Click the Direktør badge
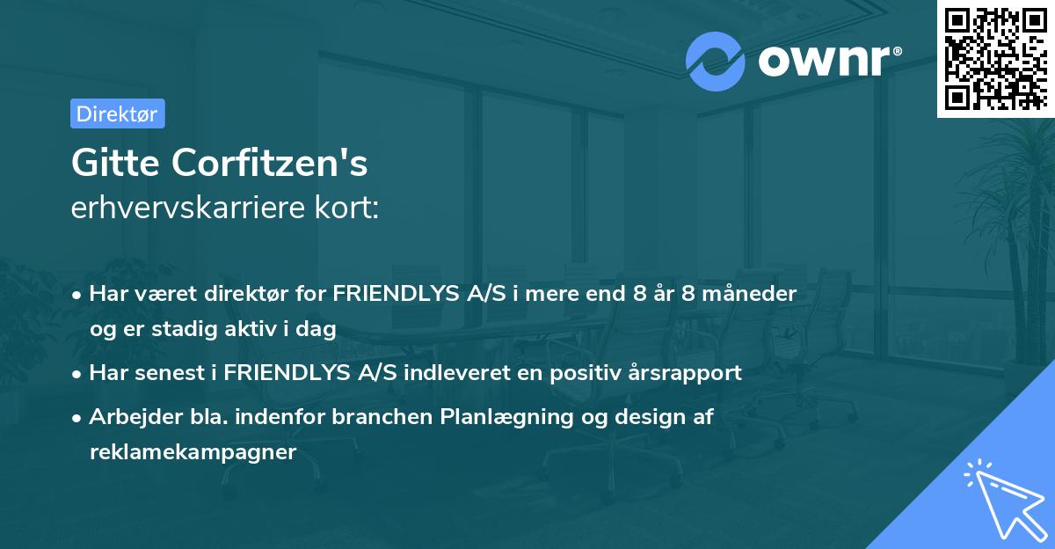(x=117, y=113)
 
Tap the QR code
(x=994, y=59)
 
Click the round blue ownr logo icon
(x=716, y=61)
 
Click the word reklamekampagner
(x=193, y=452)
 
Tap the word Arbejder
(x=124, y=417)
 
